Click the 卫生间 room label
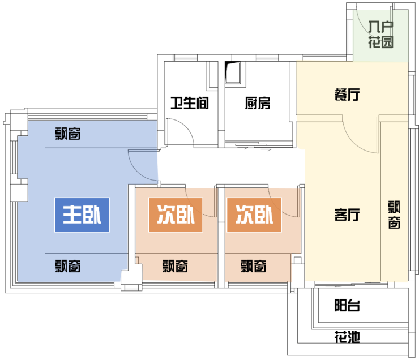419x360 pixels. [190, 103]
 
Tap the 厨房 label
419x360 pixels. [258, 103]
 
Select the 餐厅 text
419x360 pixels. [347, 95]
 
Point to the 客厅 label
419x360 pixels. [347, 215]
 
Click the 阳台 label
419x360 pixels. [347, 305]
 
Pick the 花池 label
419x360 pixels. [347, 337]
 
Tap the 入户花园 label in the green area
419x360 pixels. [381, 35]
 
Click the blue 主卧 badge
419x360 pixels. [82, 215]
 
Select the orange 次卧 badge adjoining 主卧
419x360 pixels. [176, 215]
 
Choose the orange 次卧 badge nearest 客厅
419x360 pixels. [254, 215]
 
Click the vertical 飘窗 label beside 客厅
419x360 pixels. [394, 215]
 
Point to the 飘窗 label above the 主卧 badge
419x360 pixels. [68, 134]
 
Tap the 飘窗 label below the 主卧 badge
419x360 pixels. [68, 266]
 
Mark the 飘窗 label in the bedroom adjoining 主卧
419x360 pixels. [175, 266]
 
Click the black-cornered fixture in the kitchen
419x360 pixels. [233, 72]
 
